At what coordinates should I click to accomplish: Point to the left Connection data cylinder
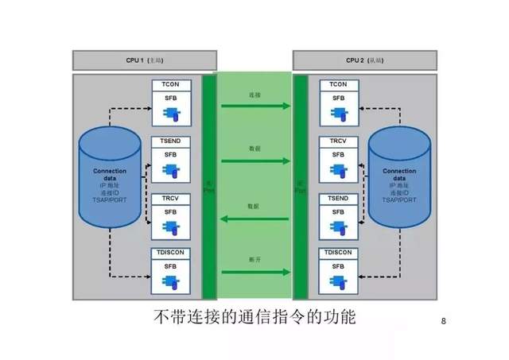click(110, 180)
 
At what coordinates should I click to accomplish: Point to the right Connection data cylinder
click(399, 180)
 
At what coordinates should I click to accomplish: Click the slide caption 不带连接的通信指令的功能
click(254, 317)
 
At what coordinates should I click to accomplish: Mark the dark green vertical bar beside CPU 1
click(209, 187)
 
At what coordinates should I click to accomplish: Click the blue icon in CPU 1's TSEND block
click(171, 170)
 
